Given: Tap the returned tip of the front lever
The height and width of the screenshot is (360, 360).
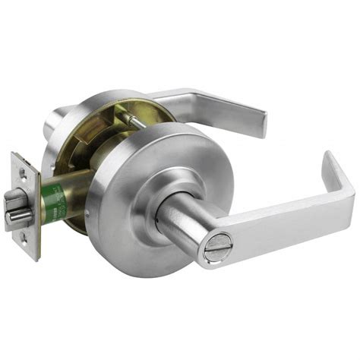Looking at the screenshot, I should coord(338,171).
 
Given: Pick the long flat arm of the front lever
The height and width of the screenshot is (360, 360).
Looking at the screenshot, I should coord(281,220).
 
